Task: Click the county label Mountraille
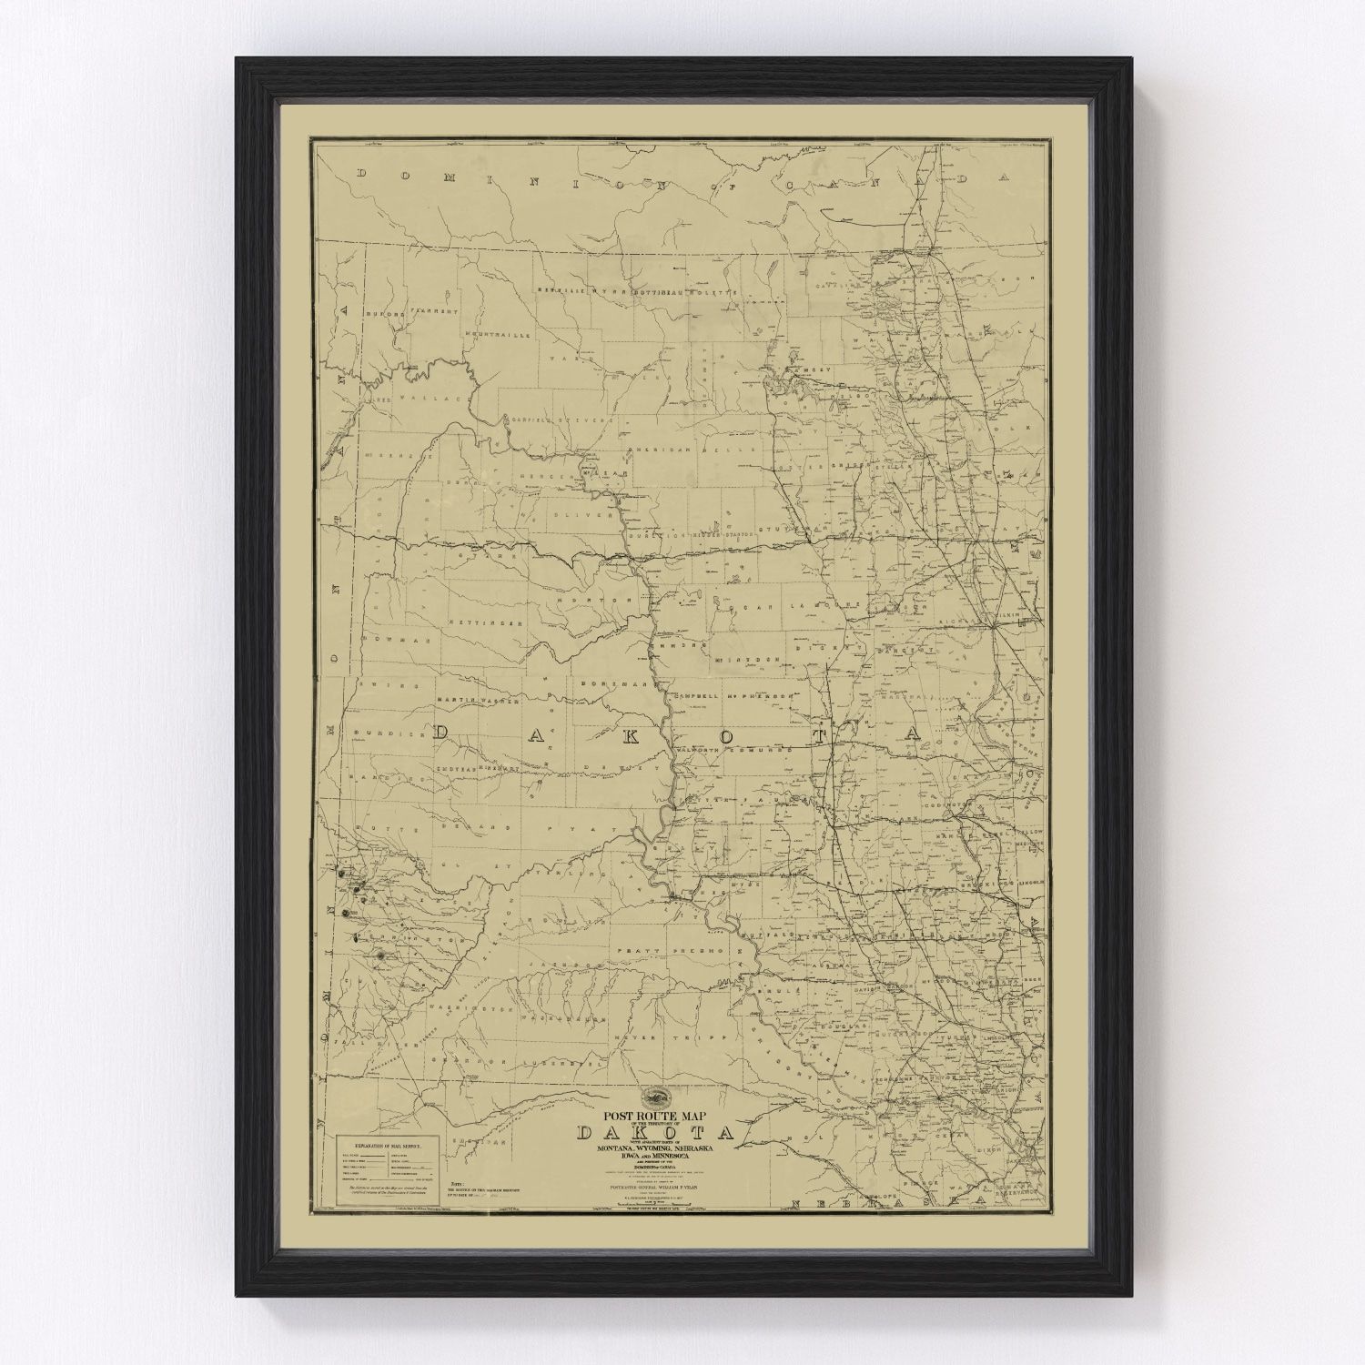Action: click(x=497, y=336)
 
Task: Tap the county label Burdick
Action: click(x=388, y=733)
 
